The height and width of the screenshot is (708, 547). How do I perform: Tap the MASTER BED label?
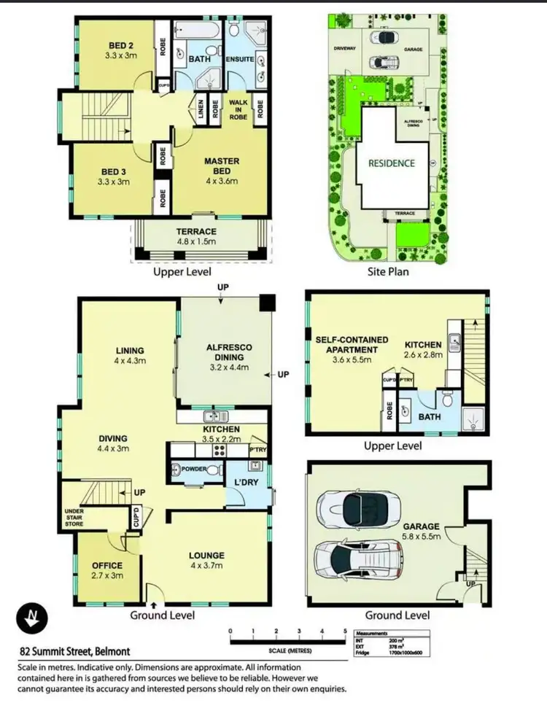click(x=222, y=167)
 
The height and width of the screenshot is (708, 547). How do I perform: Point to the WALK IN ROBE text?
click(x=239, y=108)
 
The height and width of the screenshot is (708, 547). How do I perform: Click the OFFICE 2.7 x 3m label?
click(x=106, y=570)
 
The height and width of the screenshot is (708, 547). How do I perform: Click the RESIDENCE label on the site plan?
click(x=391, y=163)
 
